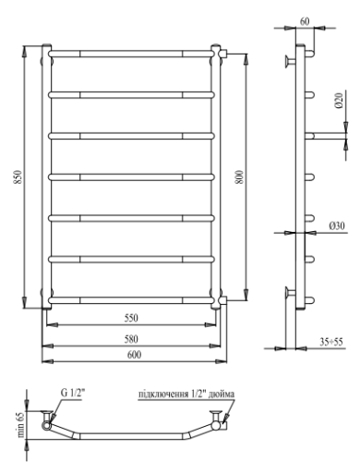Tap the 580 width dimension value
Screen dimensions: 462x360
pyautogui.click(x=132, y=337)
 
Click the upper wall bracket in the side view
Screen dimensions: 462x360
pyautogui.click(x=291, y=63)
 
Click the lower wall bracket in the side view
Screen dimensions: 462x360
pyautogui.click(x=291, y=294)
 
